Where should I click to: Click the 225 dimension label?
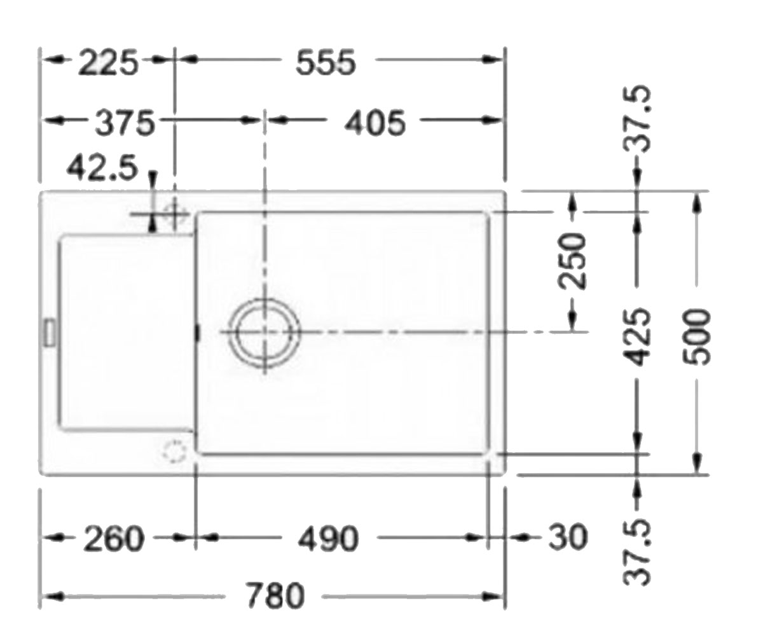click(x=109, y=62)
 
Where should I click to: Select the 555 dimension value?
click(x=325, y=62)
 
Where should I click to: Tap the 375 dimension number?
click(x=125, y=123)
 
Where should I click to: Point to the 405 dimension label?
click(x=375, y=123)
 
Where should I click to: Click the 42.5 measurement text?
click(x=102, y=167)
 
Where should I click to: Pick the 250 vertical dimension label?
click(x=572, y=261)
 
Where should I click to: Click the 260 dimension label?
click(x=114, y=539)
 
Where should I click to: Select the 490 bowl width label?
click(x=328, y=539)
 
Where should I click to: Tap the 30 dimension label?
click(x=568, y=537)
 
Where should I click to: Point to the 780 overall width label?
click(x=275, y=595)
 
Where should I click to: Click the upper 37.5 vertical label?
click(x=636, y=119)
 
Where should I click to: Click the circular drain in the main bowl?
click(x=265, y=331)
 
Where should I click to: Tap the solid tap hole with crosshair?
click(x=174, y=213)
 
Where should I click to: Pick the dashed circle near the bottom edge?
click(x=174, y=452)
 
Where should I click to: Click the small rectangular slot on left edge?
click(x=50, y=332)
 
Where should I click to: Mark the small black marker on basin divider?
click(x=198, y=332)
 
